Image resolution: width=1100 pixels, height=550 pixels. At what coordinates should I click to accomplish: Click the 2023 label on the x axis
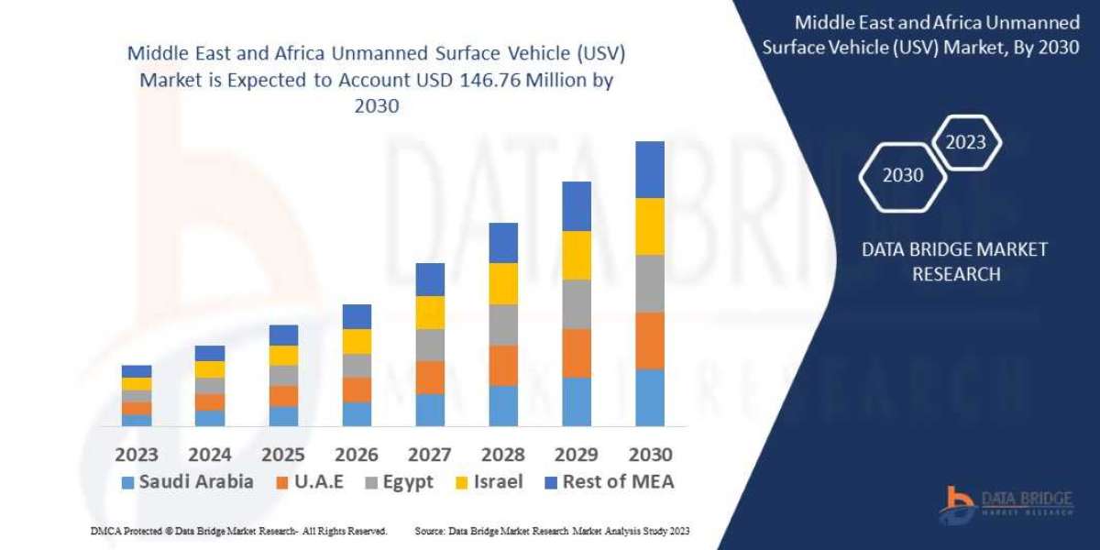click(137, 454)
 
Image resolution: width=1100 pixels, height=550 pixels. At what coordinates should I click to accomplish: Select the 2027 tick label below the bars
click(430, 454)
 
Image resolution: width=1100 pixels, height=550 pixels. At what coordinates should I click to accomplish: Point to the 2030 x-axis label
click(650, 454)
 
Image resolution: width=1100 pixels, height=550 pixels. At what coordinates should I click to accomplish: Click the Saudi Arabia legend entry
click(187, 482)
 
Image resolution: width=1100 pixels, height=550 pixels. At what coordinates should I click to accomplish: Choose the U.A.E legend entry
click(309, 482)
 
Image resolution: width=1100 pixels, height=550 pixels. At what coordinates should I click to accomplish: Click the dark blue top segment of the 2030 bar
click(650, 170)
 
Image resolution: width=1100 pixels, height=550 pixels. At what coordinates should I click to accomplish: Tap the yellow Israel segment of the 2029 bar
click(577, 255)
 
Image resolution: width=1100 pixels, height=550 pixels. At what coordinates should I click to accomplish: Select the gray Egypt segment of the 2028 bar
click(503, 324)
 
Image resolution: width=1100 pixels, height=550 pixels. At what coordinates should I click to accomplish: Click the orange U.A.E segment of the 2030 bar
click(650, 340)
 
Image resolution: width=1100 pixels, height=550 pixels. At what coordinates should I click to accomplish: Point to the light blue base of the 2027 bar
click(430, 410)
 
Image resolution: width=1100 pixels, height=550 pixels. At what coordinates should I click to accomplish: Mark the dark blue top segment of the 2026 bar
click(357, 316)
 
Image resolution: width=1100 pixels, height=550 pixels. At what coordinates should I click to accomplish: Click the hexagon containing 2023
click(965, 142)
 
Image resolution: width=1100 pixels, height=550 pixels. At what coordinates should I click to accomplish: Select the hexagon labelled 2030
click(903, 175)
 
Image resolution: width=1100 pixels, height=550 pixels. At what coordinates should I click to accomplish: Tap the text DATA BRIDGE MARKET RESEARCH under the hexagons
click(955, 261)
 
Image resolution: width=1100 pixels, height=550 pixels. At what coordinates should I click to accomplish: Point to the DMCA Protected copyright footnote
click(237, 531)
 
